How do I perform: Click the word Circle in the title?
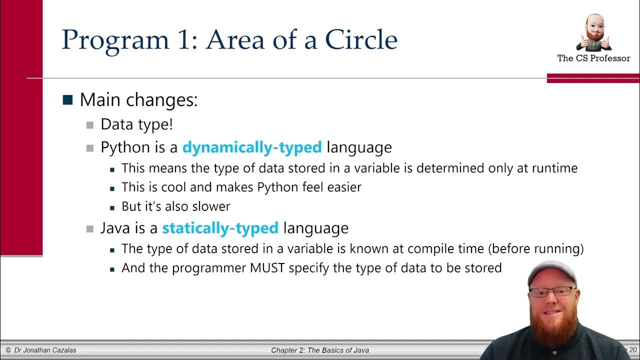361,40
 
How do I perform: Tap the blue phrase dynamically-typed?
252,147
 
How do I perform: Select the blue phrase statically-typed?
220,228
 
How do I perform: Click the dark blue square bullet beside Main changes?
67,99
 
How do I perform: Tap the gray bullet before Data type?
90,124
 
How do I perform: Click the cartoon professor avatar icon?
593,33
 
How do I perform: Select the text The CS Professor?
593,58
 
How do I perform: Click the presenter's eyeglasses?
552,292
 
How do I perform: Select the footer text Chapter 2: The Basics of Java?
320,350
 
